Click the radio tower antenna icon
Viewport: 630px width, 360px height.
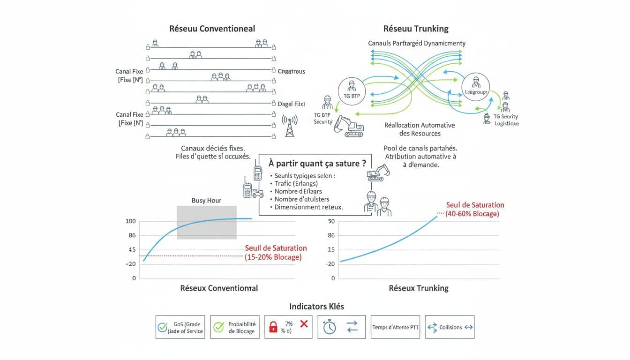[289, 126]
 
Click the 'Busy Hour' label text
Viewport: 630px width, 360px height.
[206, 200]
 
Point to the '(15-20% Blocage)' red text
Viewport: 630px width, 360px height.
[273, 257]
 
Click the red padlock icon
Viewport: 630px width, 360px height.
[273, 327]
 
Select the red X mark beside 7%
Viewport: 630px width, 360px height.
[304, 323]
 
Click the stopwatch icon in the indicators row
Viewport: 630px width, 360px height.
[330, 327]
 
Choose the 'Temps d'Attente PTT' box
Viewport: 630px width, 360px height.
[395, 327]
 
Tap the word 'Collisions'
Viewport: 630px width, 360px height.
[450, 327]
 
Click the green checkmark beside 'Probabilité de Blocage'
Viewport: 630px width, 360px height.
[218, 327]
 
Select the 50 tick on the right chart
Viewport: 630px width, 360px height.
[331, 221]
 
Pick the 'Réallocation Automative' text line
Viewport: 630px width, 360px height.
[420, 125]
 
